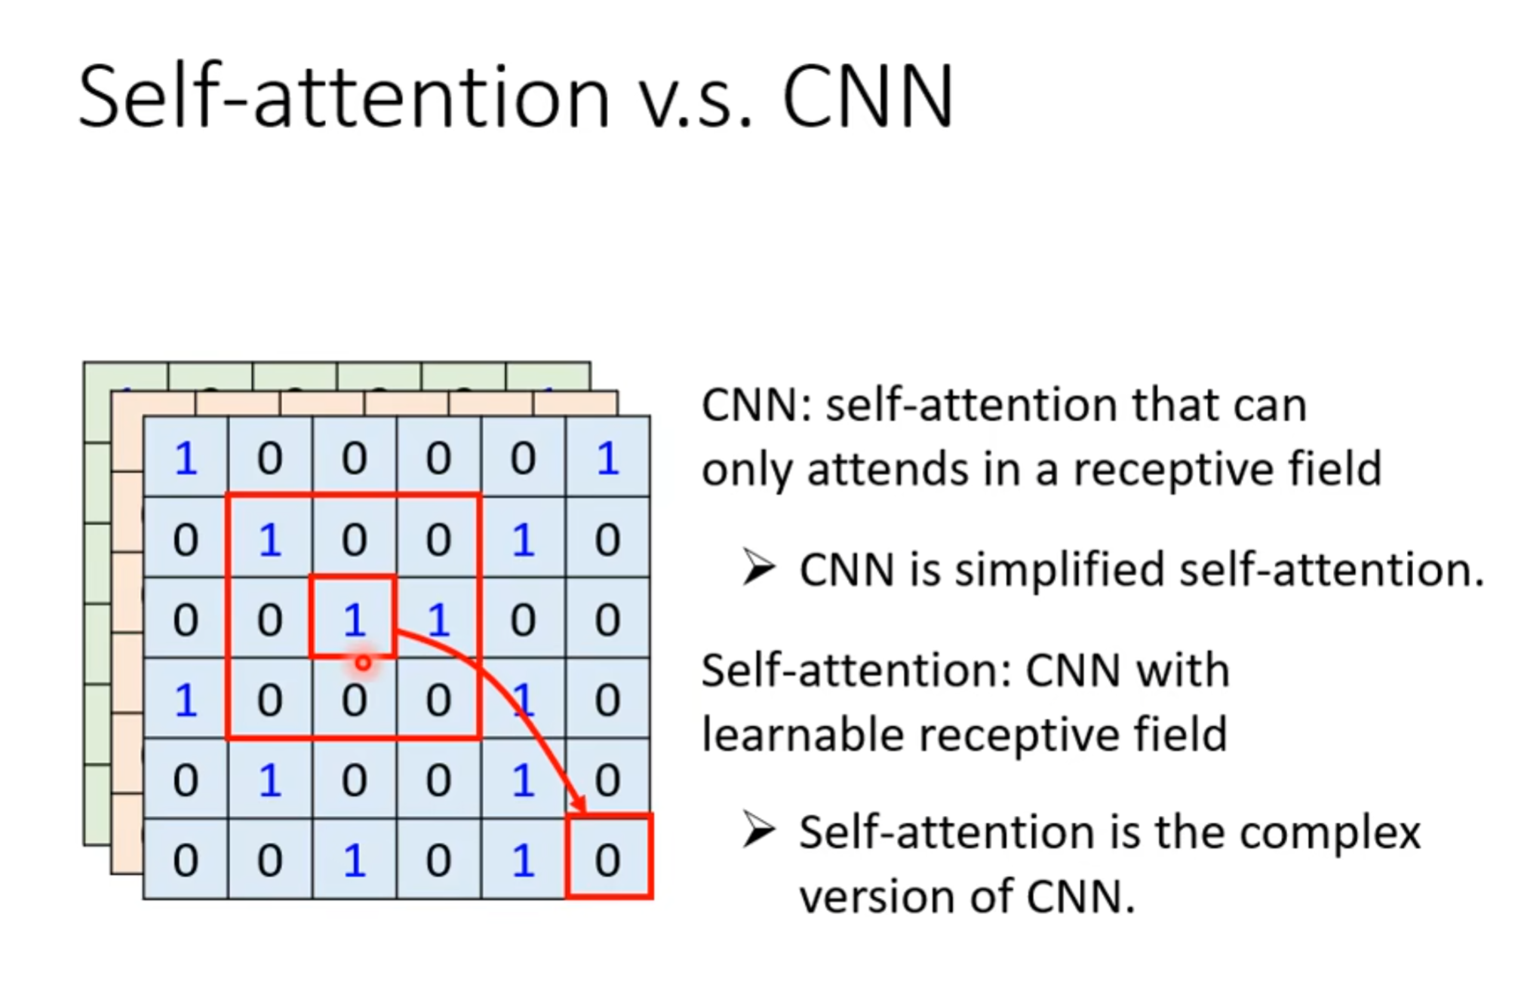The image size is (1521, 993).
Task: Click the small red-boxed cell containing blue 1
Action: pos(353,617)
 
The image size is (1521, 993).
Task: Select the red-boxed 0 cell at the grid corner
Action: pos(608,857)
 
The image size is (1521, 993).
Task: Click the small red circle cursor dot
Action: pos(363,664)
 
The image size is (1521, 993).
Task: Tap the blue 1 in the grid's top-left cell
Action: pos(186,458)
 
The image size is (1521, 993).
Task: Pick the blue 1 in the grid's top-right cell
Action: pos(608,458)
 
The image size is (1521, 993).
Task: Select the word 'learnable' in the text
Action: pos(803,735)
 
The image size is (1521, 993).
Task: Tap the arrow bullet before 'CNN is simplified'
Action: pos(757,567)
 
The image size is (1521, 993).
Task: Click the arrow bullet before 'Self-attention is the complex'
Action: pos(757,830)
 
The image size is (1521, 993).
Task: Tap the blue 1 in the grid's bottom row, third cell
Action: pos(354,860)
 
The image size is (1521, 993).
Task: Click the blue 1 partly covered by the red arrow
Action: pos(523,700)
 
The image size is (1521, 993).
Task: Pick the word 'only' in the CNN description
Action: pos(747,470)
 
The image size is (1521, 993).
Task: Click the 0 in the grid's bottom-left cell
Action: pos(186,860)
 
